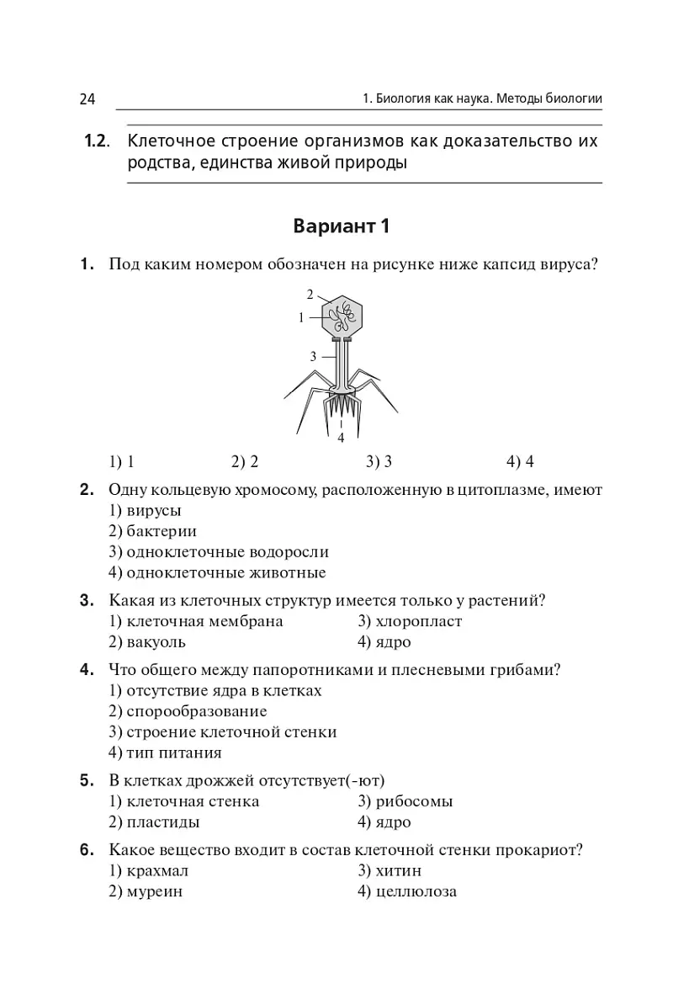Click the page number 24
(87, 99)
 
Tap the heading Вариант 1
(342, 226)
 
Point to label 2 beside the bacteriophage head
(310, 295)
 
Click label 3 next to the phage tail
(313, 356)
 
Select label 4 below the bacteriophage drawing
(341, 438)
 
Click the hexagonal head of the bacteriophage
(342, 316)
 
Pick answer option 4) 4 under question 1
(520, 461)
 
